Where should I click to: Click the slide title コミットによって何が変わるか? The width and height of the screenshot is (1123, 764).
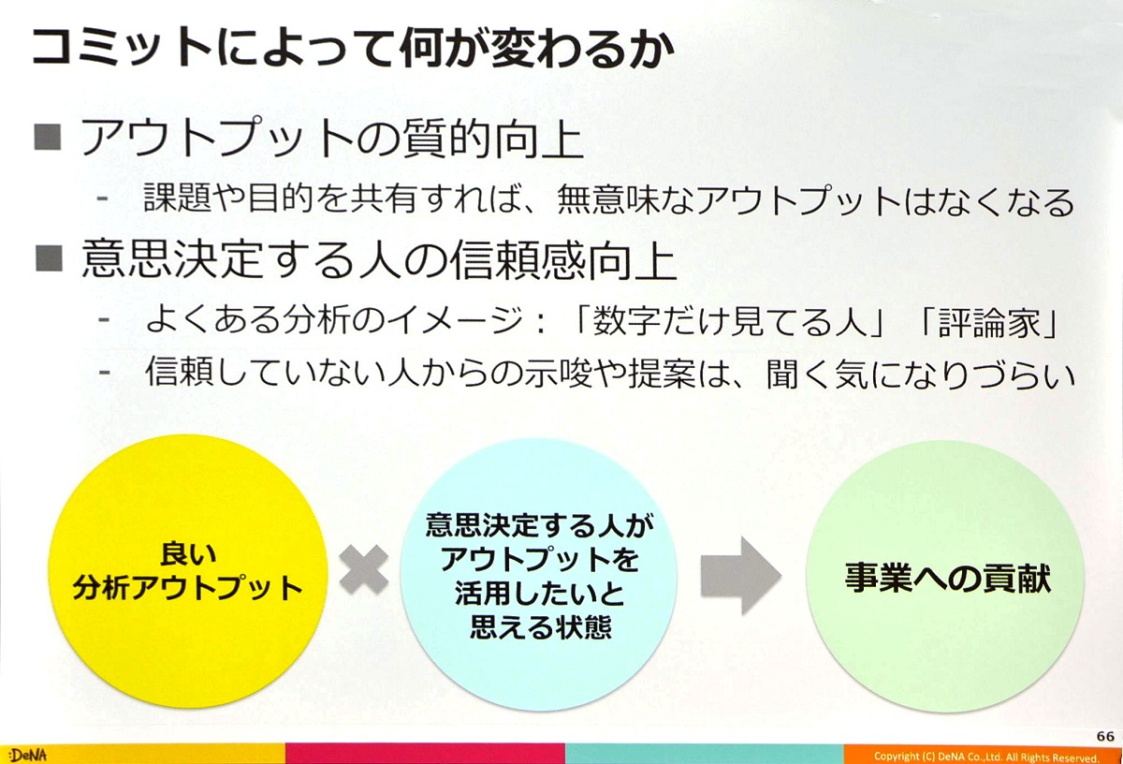point(353,49)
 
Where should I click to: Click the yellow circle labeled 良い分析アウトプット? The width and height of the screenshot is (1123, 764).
point(188,571)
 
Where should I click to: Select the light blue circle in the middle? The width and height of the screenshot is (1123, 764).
point(539,574)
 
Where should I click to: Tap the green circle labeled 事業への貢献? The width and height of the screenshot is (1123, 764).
point(945,576)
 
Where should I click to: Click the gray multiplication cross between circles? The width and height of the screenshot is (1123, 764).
point(364,570)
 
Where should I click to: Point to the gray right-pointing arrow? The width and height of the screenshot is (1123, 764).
point(740,576)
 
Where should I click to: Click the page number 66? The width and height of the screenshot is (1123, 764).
point(1105,736)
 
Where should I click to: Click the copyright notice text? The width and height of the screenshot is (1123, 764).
point(986,757)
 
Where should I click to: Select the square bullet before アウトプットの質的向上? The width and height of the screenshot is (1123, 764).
point(48,137)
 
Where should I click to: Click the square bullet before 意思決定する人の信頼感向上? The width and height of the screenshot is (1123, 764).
point(49,258)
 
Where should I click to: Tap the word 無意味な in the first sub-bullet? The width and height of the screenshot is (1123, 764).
point(626,199)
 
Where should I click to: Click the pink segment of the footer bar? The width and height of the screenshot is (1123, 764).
point(425,754)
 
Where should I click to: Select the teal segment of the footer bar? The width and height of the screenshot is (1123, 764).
point(705,754)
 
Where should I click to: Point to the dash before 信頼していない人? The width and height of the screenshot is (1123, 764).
point(104,372)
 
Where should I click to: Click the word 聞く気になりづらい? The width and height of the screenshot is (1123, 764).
point(921,374)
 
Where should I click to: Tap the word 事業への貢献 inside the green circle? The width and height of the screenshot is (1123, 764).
point(947,578)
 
